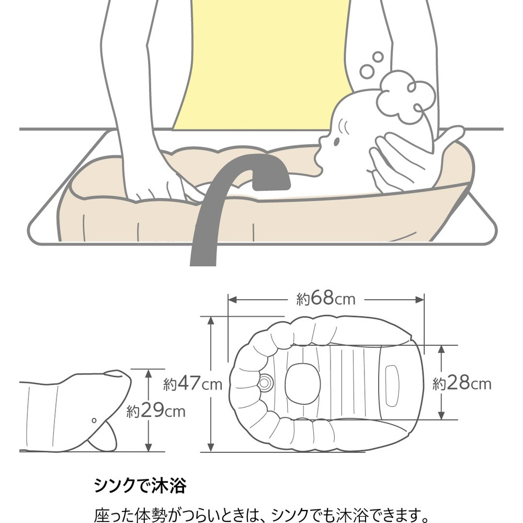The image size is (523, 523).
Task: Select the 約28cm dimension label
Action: click(462, 384)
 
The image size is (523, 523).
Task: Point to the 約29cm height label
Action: click(156, 411)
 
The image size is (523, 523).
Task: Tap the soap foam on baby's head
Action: click(406, 97)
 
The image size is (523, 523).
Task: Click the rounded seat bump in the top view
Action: click(301, 383)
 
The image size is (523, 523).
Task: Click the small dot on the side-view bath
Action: click(93, 420)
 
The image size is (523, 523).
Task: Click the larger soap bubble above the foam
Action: click(368, 71)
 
